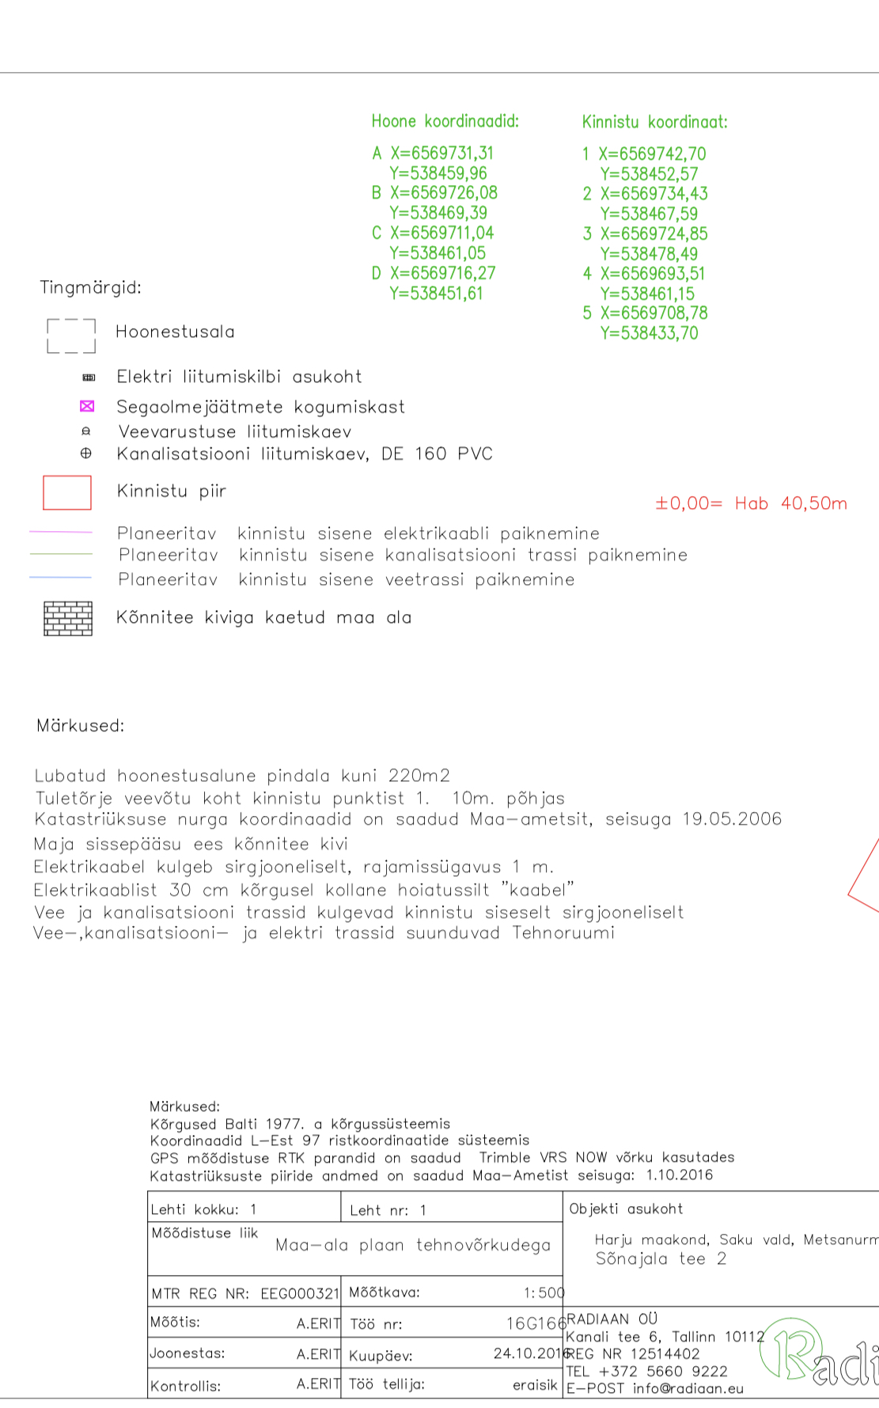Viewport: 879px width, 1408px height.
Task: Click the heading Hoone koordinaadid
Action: point(445,121)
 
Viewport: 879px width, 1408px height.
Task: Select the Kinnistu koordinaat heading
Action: point(654,122)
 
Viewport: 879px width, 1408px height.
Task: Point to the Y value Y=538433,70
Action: point(649,333)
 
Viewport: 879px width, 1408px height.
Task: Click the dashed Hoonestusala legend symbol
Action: point(71,336)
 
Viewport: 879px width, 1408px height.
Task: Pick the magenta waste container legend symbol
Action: point(87,406)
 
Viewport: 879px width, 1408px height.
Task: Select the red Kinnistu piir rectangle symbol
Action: point(67,492)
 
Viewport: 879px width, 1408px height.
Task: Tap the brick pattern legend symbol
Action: point(68,618)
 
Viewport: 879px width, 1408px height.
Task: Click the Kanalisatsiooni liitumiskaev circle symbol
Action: point(86,454)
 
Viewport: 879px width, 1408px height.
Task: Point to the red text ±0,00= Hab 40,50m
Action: point(751,503)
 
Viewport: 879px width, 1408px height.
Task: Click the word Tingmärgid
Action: point(91,287)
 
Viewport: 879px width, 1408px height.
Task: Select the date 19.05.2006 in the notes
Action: point(732,819)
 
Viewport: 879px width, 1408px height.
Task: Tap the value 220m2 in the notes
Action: point(419,776)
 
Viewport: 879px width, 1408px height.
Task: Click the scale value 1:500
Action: point(544,1292)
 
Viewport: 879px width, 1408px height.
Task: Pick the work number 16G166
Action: point(536,1323)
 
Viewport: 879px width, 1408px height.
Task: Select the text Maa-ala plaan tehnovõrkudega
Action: point(412,1245)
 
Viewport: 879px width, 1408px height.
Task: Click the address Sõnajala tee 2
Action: point(661,1259)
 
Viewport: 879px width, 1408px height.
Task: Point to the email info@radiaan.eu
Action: point(688,1388)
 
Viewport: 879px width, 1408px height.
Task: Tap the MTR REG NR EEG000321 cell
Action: point(244,1293)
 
